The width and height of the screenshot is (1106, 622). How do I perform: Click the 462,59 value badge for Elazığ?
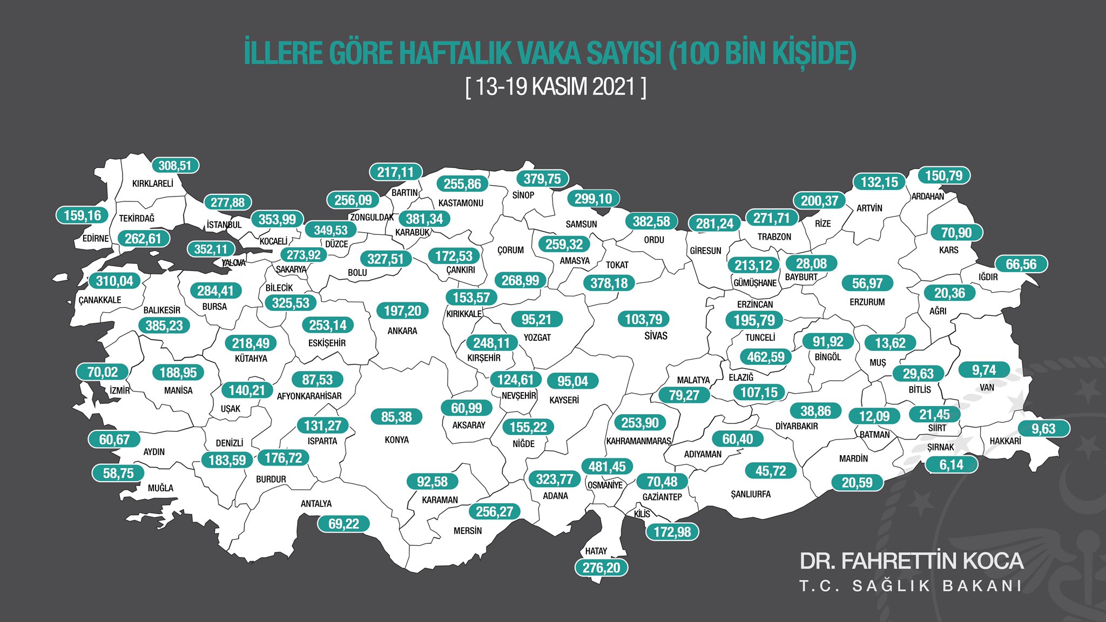click(765, 357)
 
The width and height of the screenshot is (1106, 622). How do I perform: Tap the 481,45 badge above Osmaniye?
click(606, 466)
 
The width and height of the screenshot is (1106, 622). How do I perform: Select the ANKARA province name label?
click(402, 331)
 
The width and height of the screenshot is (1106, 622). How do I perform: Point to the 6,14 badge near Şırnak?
click(951, 465)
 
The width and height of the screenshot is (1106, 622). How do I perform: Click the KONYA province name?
click(396, 440)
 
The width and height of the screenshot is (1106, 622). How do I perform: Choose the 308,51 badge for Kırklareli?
click(175, 166)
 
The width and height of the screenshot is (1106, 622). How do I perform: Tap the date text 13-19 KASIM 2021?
click(556, 86)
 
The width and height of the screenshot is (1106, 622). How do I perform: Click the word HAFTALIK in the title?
click(455, 53)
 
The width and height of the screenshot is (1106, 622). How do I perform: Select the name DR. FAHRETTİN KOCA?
click(911, 561)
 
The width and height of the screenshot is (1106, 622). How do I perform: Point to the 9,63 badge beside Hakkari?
click(1043, 429)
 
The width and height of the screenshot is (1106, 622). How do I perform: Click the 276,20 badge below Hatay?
click(601, 567)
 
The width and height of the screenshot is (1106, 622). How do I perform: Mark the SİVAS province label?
click(656, 336)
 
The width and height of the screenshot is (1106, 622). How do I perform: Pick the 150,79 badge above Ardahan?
click(943, 175)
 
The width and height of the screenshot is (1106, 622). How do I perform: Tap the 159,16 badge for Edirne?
click(82, 215)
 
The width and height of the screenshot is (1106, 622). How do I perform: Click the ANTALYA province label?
click(316, 504)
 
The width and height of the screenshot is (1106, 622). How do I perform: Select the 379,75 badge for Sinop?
click(542, 179)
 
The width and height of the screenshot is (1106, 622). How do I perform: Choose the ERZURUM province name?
click(867, 302)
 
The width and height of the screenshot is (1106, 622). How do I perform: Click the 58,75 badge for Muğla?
click(118, 474)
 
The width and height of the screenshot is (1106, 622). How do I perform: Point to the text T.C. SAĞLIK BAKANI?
click(911, 586)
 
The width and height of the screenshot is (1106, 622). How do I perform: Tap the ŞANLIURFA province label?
click(750, 495)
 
